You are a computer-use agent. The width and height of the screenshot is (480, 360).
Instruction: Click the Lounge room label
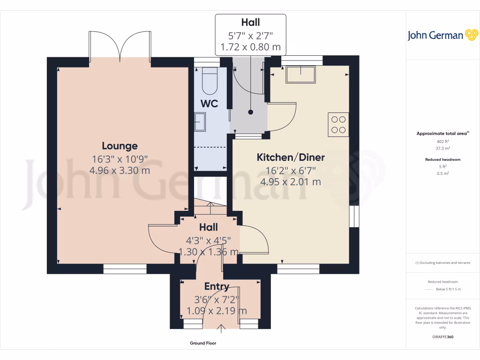point(120,146)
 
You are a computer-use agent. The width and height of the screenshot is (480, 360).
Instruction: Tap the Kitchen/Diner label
point(291,157)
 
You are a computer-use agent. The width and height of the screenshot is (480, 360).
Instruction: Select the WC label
point(210,104)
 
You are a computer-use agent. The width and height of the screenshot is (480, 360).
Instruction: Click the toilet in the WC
point(210,81)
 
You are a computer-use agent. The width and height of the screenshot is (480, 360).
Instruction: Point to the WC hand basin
point(200,122)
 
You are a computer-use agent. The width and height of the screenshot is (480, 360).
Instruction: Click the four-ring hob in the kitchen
point(338,124)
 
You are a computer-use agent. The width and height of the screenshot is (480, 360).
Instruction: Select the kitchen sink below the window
point(300,75)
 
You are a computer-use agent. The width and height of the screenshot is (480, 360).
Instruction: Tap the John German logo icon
point(472,35)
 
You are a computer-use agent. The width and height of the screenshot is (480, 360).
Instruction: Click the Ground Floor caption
point(203,343)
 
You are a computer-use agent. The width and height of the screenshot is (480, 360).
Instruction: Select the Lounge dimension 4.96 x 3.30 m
point(120,171)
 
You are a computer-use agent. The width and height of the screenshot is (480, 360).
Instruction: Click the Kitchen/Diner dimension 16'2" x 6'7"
point(291,171)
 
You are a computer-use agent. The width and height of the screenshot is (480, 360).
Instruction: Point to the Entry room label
point(217,286)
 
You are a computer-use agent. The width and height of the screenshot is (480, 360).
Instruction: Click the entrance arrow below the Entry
point(221,329)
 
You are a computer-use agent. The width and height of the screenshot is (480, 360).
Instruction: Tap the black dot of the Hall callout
point(250,112)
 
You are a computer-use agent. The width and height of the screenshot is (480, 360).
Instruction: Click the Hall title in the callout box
point(250,22)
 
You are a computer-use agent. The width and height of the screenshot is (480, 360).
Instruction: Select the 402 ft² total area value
point(442,142)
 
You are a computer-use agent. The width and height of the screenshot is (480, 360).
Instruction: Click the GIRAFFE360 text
point(442,337)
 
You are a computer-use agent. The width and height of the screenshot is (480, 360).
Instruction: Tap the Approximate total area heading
point(442,134)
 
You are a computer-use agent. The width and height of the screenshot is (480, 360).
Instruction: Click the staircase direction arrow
point(210,208)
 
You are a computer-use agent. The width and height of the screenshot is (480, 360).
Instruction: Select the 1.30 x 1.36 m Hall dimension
point(209,252)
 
